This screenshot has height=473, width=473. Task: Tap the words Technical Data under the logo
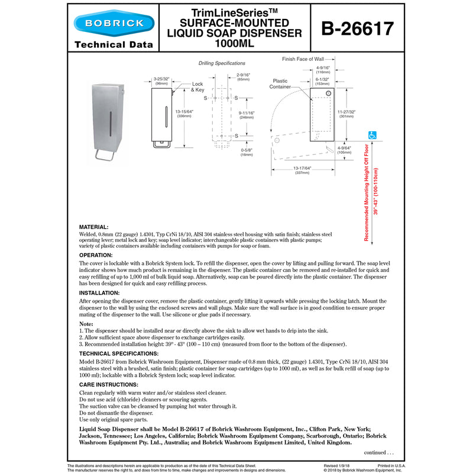[114, 44]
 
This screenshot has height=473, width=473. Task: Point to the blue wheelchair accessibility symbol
[372, 135]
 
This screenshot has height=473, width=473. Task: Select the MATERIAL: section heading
[93, 226]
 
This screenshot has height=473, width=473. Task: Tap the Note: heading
[86, 324]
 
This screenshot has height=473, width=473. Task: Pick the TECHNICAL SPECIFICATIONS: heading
[119, 353]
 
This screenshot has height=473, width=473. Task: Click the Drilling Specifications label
[221, 63]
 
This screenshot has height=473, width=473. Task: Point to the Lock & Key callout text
[197, 87]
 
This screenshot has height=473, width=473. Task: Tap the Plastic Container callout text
[280, 83]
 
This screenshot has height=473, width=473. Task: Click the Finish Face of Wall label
[303, 59]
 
